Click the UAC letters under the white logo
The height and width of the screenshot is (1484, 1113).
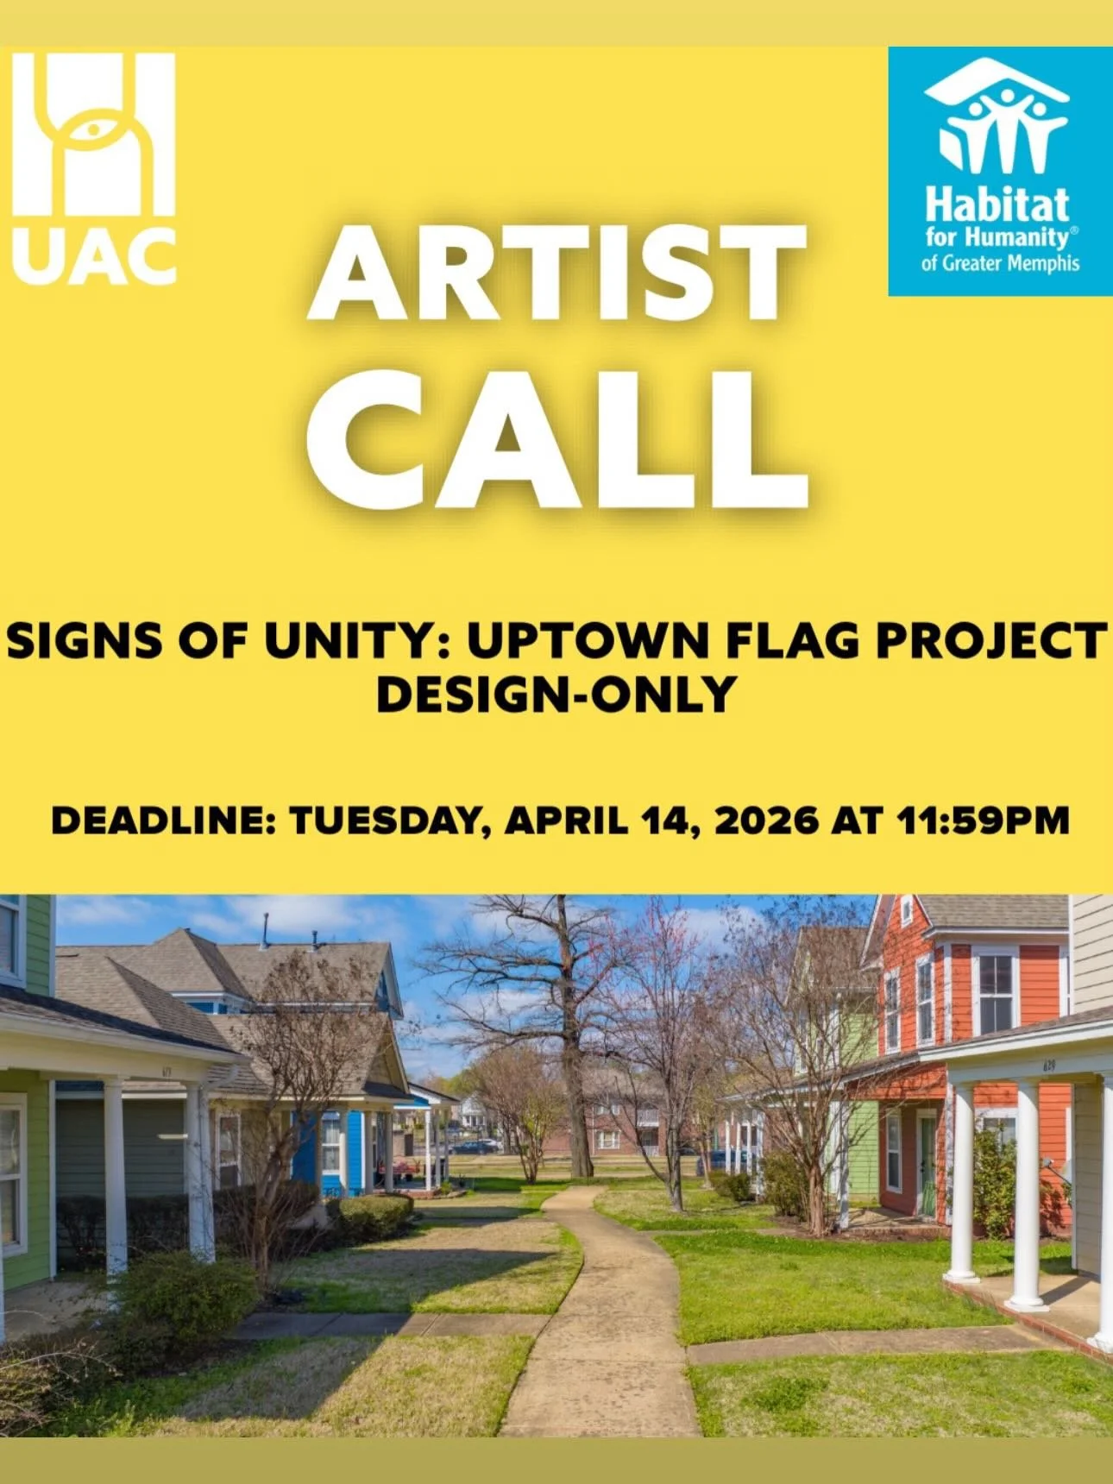pos(94,256)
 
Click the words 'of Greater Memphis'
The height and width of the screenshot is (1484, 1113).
pos(1000,263)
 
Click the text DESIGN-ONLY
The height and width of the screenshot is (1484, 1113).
pos(556,695)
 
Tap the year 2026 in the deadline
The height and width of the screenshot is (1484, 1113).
pos(766,821)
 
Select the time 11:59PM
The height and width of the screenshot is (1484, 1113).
pos(984,821)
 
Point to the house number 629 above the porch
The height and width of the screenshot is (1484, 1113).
pos(1048,1066)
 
